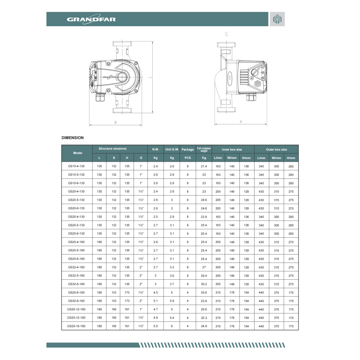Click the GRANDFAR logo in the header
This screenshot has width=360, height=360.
[x=91, y=19]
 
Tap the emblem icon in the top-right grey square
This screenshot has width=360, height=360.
[x=277, y=19]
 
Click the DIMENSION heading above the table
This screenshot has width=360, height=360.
[x=73, y=138]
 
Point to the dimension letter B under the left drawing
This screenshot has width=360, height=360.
[x=116, y=123]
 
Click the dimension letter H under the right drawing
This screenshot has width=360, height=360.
[x=241, y=122]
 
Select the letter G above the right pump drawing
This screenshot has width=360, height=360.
[x=226, y=34]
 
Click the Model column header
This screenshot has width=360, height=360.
[x=78, y=153]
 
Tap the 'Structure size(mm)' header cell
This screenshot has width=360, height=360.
[x=112, y=149]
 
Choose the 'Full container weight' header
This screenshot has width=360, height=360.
[x=204, y=149]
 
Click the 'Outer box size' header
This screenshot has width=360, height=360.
[x=276, y=149]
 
